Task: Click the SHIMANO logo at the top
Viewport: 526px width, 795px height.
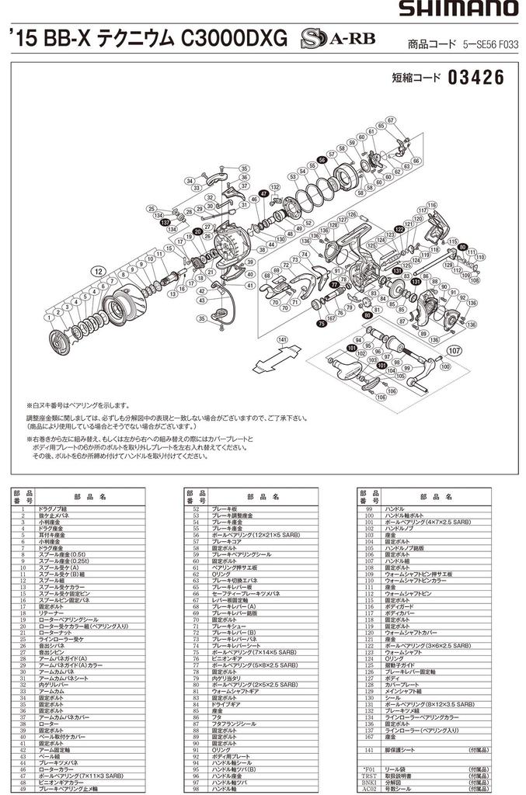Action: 458,9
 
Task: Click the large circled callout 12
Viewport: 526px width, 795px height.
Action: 98,271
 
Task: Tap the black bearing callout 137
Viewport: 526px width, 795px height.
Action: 165,223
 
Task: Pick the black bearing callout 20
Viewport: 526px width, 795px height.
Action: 197,231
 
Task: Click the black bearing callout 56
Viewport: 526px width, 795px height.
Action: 322,159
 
